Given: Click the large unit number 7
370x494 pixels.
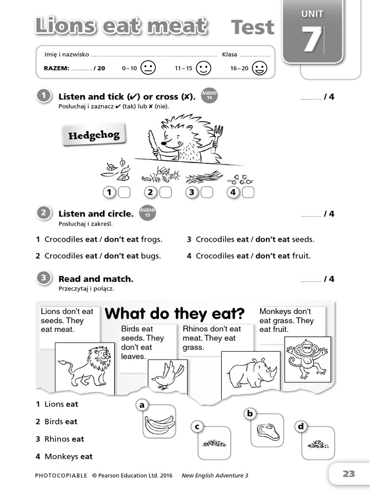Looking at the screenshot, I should [312, 40].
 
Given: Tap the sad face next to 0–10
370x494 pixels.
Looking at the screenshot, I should [148, 68].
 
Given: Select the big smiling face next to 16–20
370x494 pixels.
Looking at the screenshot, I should [260, 68].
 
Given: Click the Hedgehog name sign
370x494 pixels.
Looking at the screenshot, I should [93, 135].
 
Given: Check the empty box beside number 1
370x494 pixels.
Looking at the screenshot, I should [124, 192].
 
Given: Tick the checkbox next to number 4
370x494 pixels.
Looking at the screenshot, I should [248, 192].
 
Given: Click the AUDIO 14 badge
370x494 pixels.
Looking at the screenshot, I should [209, 96].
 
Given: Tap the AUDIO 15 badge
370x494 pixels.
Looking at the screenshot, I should [147, 213].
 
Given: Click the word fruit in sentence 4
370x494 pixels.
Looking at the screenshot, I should [301, 256].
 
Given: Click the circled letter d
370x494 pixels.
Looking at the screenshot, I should [301, 426].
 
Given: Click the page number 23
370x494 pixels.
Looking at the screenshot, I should [348, 474].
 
